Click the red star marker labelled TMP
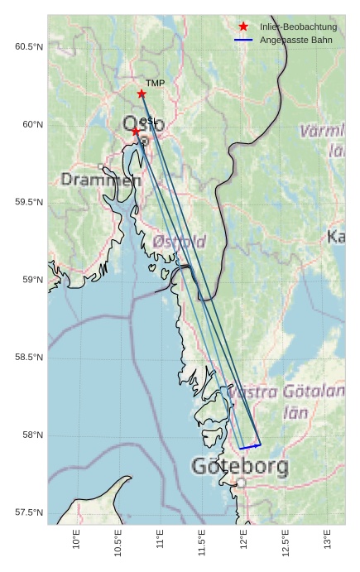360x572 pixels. (x=142, y=94)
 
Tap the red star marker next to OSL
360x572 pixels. (x=136, y=131)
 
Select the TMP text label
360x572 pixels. (x=155, y=83)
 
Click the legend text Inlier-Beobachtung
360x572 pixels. (x=298, y=26)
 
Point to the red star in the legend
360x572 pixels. (x=243, y=26)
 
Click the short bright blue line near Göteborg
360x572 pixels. (x=250, y=447)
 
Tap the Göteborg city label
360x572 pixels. (x=240, y=466)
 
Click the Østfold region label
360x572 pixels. (x=180, y=242)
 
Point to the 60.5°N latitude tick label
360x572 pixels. (x=28, y=46)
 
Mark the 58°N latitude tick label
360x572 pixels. (x=31, y=435)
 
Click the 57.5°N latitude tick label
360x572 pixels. (x=28, y=513)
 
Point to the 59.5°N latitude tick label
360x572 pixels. (x=28, y=202)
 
